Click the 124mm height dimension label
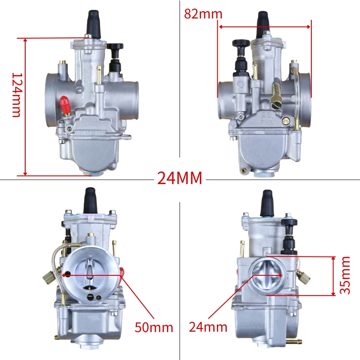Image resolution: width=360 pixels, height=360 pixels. click(17, 95)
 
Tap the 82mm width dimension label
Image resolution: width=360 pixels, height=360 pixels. click(203, 14)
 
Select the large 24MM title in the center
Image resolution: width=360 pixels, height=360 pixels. click(180, 178)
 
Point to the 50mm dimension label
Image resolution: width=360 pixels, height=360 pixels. click(153, 327)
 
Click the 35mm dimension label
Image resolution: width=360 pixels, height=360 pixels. click(345, 275)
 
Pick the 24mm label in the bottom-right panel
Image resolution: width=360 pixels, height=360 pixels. click(208, 327)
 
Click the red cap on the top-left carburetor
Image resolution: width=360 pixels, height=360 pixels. click(65, 106)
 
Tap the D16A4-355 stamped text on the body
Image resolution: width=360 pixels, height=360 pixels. click(90, 133)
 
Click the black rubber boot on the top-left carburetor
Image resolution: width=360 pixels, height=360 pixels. click(94, 24)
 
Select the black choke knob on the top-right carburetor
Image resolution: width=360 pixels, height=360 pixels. click(241, 43)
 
